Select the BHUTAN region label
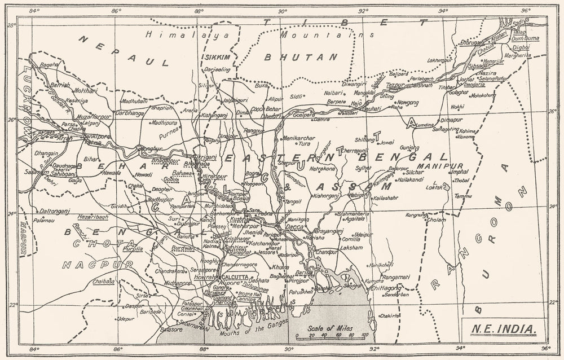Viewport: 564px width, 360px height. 301,58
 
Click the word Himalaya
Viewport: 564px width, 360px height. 170,34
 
